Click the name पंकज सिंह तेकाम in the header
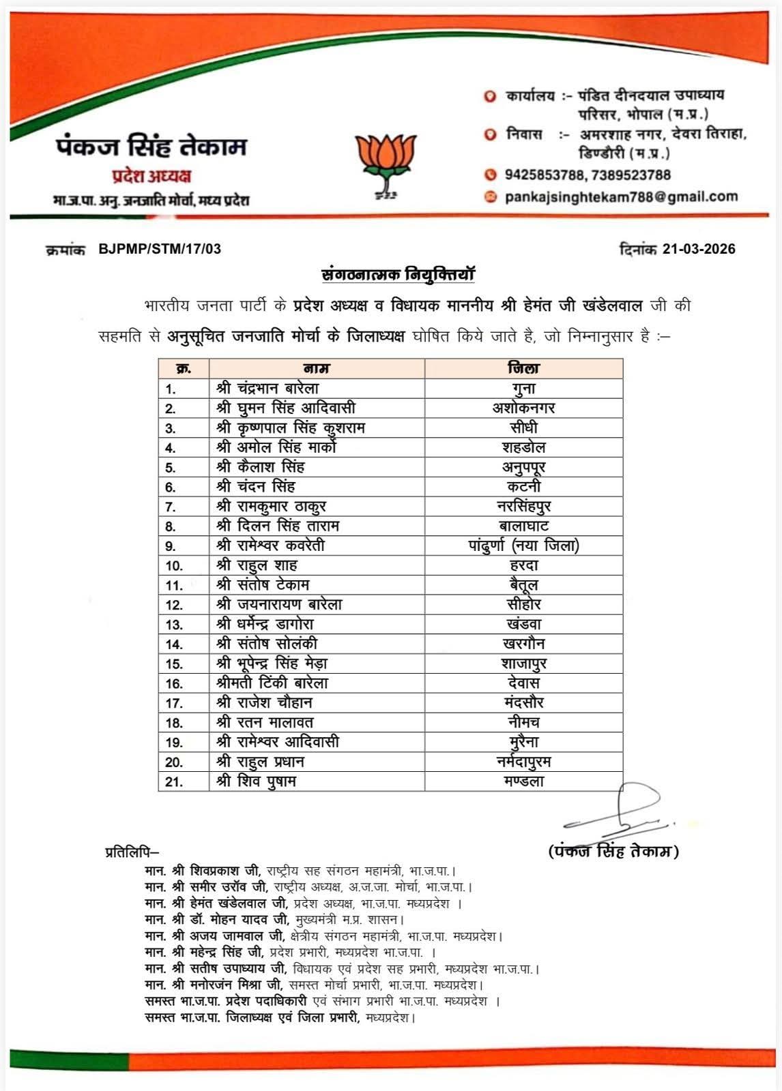[x=151, y=146]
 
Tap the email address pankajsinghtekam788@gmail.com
[x=621, y=197]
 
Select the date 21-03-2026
[x=698, y=249]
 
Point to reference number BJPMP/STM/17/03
[x=160, y=249]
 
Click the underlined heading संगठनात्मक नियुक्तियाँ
[x=398, y=275]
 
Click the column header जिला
[x=523, y=368]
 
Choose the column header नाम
[x=317, y=369]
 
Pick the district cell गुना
[x=523, y=389]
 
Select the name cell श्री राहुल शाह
[x=257, y=565]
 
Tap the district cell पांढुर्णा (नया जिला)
[x=523, y=545]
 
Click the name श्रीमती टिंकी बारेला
[x=272, y=683]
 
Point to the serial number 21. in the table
[x=173, y=781]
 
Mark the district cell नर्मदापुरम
[x=523, y=762]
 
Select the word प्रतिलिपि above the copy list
[x=132, y=852]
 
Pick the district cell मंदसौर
[x=523, y=702]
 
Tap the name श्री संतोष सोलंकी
[x=267, y=644]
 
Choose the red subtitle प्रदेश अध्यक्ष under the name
[x=151, y=176]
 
